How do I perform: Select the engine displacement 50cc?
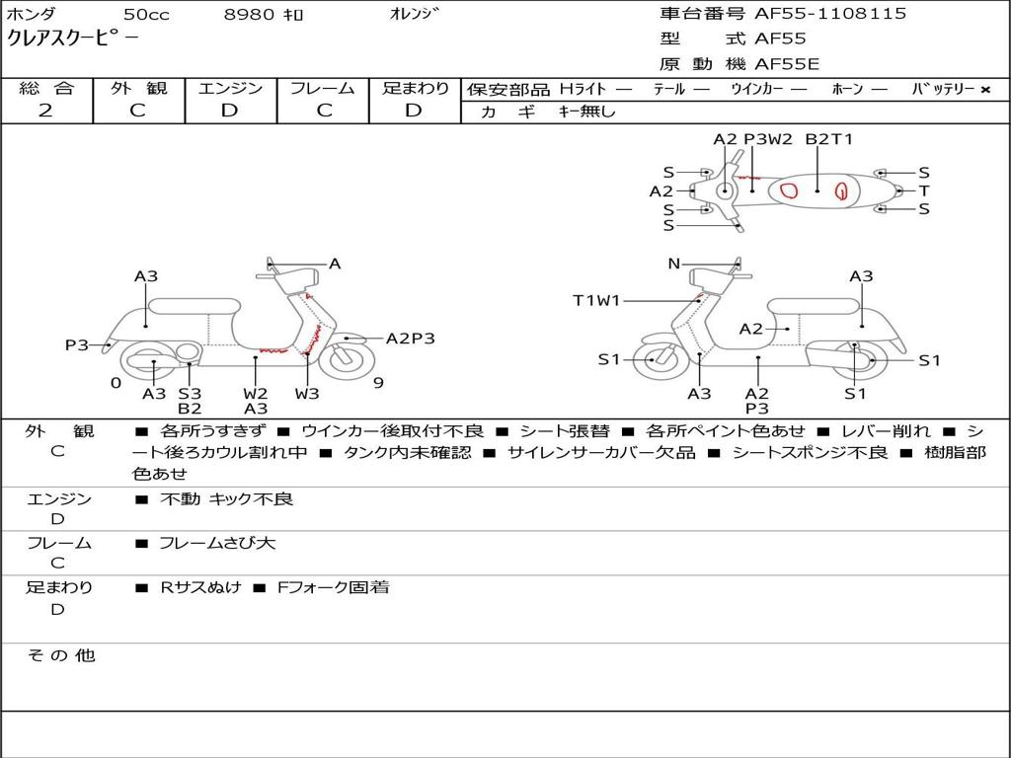(x=146, y=15)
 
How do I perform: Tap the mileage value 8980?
(x=250, y=15)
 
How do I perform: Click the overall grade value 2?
(x=45, y=111)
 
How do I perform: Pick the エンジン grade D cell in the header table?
(x=229, y=111)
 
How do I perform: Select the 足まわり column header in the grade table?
(x=415, y=88)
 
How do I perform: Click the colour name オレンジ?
(x=415, y=14)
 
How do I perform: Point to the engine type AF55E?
(x=787, y=64)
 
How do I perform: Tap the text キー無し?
(x=586, y=112)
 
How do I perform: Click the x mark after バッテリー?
(x=984, y=89)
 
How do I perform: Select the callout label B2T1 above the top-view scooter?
(x=829, y=139)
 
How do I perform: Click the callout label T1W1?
(x=596, y=300)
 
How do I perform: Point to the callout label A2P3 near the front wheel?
(x=410, y=339)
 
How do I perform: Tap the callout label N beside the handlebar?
(x=673, y=264)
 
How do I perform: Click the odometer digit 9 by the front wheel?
(x=378, y=383)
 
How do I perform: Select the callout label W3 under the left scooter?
(x=307, y=394)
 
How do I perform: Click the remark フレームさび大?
(x=217, y=543)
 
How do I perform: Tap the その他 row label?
(x=60, y=655)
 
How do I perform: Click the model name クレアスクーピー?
(x=73, y=38)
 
